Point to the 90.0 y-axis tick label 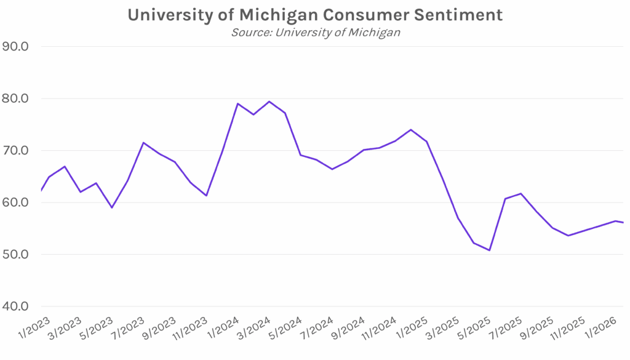20,47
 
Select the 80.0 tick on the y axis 20,98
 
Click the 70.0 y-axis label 20,151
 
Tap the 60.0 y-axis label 20,202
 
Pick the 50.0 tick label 20,255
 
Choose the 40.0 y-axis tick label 20,306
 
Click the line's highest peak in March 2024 269,102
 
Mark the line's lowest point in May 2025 490,250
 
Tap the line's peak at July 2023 143,143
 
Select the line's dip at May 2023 111,207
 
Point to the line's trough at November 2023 206,196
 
